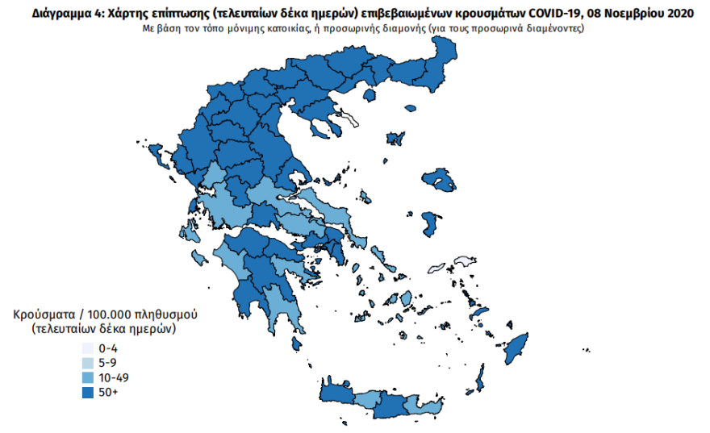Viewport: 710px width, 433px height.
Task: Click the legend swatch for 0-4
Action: [87, 348]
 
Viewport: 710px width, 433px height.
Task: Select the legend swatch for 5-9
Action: [87, 363]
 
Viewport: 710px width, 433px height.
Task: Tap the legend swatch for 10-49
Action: [87, 377]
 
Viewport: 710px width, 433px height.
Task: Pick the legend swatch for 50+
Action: [87, 392]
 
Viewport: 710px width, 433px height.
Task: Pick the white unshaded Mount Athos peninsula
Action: [349, 121]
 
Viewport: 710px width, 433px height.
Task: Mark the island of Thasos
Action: [370, 96]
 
